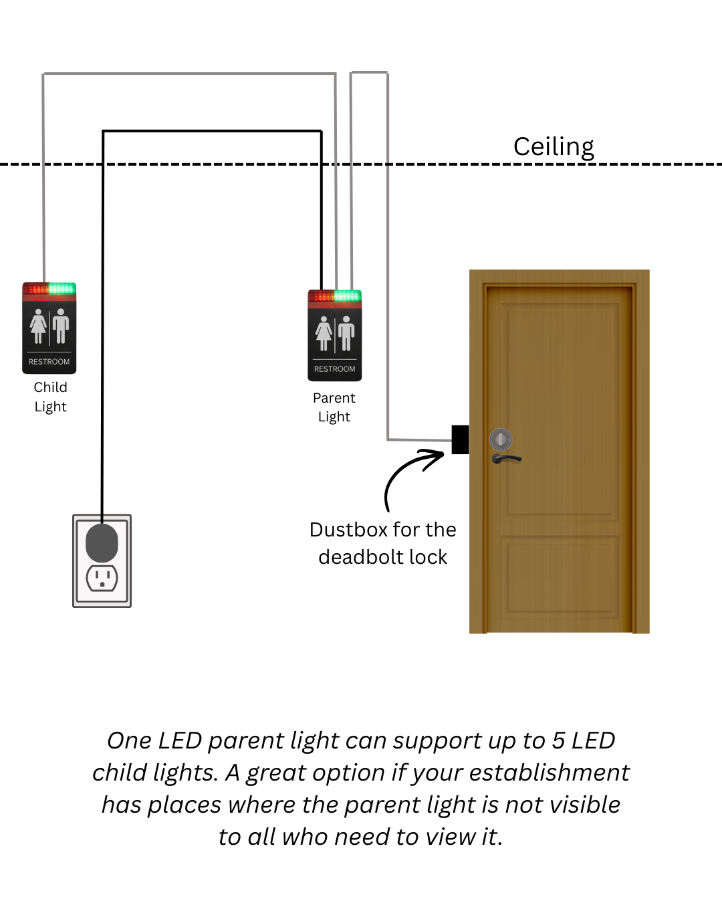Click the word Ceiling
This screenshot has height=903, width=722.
554,146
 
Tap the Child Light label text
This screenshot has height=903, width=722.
50,397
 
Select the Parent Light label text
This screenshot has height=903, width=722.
334,407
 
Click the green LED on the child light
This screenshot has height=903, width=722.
62,288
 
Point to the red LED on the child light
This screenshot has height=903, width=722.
37,289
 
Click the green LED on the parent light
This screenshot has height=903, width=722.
347,296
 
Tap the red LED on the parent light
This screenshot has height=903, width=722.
322,296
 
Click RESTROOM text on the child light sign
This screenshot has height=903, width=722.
49,362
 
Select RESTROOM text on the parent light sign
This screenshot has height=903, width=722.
334,369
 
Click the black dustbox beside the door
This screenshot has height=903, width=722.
460,439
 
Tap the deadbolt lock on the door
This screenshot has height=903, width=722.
501,439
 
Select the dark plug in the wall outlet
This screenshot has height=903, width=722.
102,542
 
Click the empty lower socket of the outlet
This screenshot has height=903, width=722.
102,577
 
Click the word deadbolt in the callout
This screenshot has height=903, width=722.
357,557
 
